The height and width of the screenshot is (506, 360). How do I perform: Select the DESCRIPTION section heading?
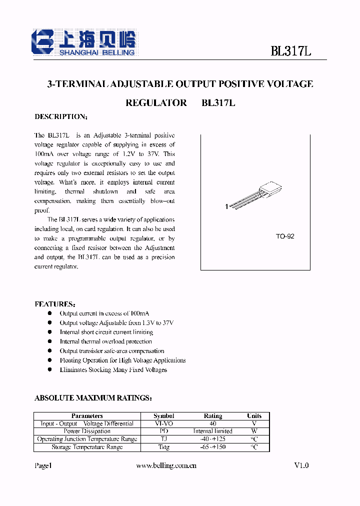[61, 116]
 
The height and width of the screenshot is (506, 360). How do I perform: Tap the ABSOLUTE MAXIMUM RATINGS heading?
[93, 398]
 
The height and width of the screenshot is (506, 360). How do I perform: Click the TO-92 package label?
[285, 236]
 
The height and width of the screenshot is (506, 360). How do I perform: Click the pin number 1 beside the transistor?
[226, 206]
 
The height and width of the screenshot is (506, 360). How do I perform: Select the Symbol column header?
[164, 416]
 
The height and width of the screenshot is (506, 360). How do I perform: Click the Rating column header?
[213, 416]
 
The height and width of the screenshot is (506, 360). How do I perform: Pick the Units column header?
[254, 416]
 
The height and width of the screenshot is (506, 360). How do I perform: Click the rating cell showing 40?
[213, 423]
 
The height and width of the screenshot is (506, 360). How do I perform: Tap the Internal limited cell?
[213, 431]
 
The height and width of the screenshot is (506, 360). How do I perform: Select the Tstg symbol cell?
[164, 447]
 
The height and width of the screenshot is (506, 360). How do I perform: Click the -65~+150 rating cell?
[213, 447]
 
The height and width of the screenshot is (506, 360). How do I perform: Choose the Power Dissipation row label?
[87, 431]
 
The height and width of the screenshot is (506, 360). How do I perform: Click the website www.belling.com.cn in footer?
[166, 465]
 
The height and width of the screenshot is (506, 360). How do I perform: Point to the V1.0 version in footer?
[301, 465]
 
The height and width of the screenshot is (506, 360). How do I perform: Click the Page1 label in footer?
[43, 465]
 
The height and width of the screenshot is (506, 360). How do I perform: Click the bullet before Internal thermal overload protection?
[49, 341]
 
